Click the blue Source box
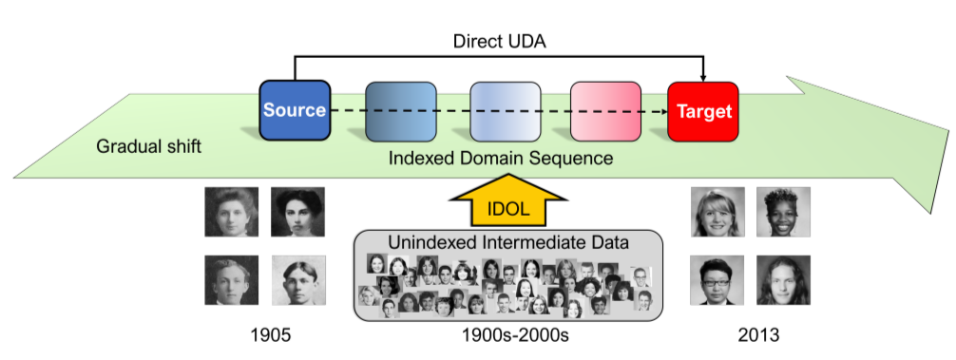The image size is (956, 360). coord(296,111)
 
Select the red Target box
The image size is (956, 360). coord(703,111)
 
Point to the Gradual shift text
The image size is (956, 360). coord(149,147)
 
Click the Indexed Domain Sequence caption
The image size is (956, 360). coord(501,159)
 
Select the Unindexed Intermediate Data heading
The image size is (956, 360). coord(507,242)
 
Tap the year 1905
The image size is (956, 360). coord(271,334)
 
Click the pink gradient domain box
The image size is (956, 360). coord(605,111)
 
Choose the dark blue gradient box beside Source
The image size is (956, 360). coord(401,111)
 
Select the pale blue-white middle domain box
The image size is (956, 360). coord(506,111)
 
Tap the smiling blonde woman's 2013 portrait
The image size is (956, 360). coord(717,212)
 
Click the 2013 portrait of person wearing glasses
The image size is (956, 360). coord(717,279)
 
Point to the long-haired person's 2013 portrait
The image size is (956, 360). coord(783,279)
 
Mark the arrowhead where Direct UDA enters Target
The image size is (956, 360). coord(703,77)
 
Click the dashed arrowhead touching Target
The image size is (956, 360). coord(663,111)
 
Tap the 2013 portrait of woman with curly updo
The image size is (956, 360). coord(783,212)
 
